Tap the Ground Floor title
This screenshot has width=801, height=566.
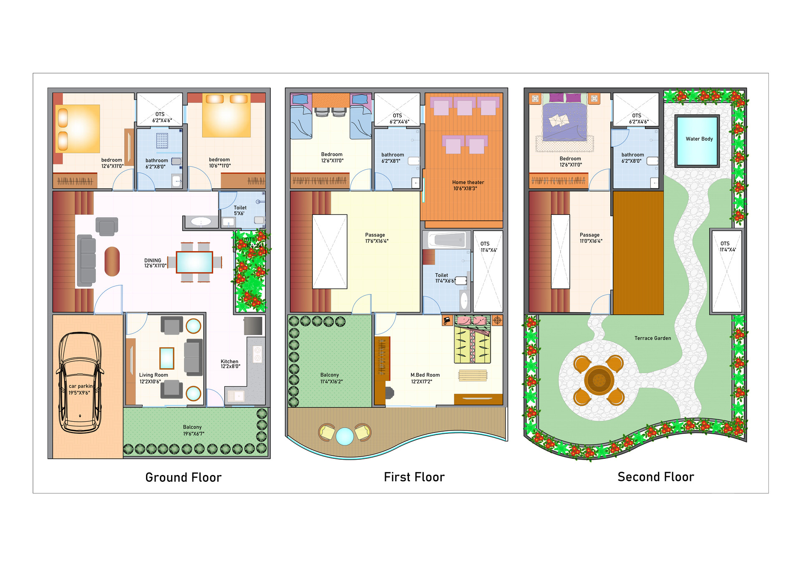click(183, 477)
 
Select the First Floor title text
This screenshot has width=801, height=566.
click(414, 477)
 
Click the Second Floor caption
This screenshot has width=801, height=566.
click(655, 477)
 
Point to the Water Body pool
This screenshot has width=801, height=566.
click(697, 141)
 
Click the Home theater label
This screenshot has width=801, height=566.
click(468, 185)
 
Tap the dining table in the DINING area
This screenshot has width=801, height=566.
click(194, 262)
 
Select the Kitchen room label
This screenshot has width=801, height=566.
click(230, 364)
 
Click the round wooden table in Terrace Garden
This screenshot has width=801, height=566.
click(599, 380)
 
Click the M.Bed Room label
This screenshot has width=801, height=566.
click(425, 378)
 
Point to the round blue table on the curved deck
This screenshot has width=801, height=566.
click(345, 436)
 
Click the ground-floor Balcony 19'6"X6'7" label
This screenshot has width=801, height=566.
click(193, 430)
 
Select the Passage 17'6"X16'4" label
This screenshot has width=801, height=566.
click(376, 238)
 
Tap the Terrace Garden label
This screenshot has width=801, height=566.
click(652, 338)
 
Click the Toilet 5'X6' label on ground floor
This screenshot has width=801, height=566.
click(239, 210)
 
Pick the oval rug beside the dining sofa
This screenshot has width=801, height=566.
click(112, 262)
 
